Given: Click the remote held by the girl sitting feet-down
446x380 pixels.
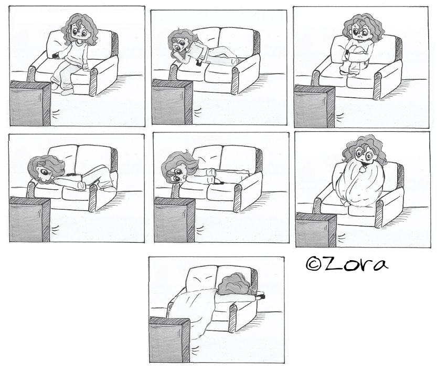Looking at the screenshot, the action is pos(56,54).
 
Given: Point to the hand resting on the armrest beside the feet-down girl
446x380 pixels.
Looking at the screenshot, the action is pos(86,67).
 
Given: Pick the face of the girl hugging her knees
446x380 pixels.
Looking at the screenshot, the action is pos(358,32).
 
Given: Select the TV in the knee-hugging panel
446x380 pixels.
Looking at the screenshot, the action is pos(314,106).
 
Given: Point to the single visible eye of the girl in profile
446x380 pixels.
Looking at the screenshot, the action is pos(46,172).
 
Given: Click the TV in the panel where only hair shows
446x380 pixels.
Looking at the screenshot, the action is pos(169,339).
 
